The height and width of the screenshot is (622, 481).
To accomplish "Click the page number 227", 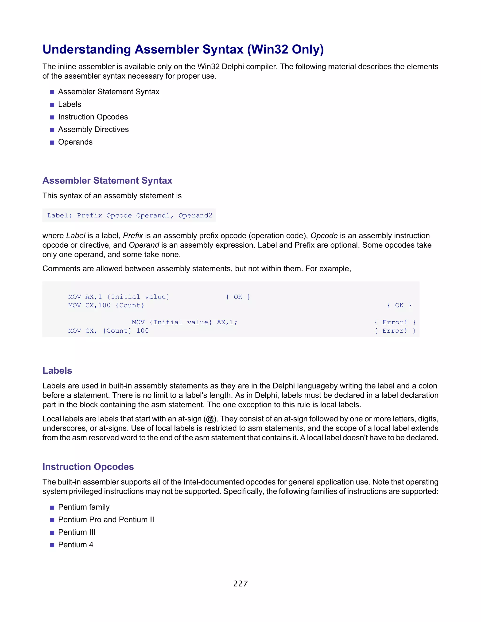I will pyautogui.click(x=240, y=584).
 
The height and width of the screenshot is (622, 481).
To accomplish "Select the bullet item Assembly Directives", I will pyautogui.click(x=93, y=130).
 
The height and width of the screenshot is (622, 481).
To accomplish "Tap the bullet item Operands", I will pyautogui.click(x=75, y=142).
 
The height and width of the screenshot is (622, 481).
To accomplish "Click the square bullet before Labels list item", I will pyautogui.click(x=52, y=105).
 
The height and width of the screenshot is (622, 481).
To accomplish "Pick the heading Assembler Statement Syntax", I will pyautogui.click(x=107, y=180).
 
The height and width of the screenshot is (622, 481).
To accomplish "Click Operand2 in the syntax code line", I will pyautogui.click(x=195, y=216).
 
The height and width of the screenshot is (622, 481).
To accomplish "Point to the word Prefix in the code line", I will pyautogui.click(x=89, y=216).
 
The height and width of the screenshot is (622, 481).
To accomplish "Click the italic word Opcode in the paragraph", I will pyautogui.click(x=324, y=236).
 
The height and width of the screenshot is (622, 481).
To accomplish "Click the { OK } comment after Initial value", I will pyautogui.click(x=238, y=297).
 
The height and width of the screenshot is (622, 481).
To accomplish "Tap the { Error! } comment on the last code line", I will pyautogui.click(x=395, y=331).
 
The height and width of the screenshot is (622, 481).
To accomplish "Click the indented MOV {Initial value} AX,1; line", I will pyautogui.click(x=184, y=323).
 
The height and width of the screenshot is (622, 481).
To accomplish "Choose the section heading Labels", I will pyautogui.click(x=57, y=371).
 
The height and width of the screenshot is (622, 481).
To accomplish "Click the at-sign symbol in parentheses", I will pyautogui.click(x=210, y=419).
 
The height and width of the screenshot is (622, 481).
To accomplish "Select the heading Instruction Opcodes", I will pyautogui.click(x=88, y=467).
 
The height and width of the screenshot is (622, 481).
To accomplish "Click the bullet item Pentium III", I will pyautogui.click(x=77, y=532).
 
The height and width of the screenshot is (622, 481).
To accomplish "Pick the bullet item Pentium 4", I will pyautogui.click(x=76, y=545).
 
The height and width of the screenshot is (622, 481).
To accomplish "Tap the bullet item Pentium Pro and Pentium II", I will pyautogui.click(x=106, y=520).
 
